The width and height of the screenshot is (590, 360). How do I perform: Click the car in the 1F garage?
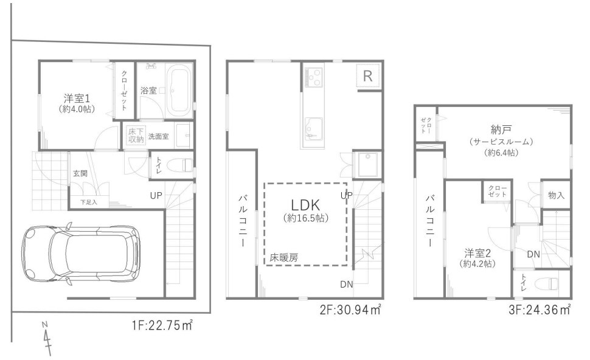click(81, 254)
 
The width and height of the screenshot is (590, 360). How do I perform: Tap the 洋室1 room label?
click(77, 99)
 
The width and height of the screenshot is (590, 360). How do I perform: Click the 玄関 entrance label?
click(80, 173)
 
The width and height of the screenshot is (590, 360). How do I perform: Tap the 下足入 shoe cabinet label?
click(89, 202)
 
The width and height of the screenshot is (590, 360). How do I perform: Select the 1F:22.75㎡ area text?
click(162, 325)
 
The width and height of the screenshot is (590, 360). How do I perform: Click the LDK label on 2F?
click(305, 205)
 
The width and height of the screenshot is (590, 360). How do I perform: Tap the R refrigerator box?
click(367, 77)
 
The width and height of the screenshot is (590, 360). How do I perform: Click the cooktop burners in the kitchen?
click(314, 77)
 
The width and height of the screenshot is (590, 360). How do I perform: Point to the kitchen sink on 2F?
click(313, 129)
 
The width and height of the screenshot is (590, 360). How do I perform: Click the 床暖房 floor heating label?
click(283, 258)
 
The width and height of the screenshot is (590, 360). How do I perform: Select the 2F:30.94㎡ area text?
click(350, 310)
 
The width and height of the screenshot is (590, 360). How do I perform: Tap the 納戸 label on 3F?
click(501, 130)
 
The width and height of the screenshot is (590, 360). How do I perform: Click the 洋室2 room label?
click(477, 252)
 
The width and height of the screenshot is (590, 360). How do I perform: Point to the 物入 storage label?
click(556, 195)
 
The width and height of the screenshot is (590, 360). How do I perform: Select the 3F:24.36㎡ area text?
click(540, 310)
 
